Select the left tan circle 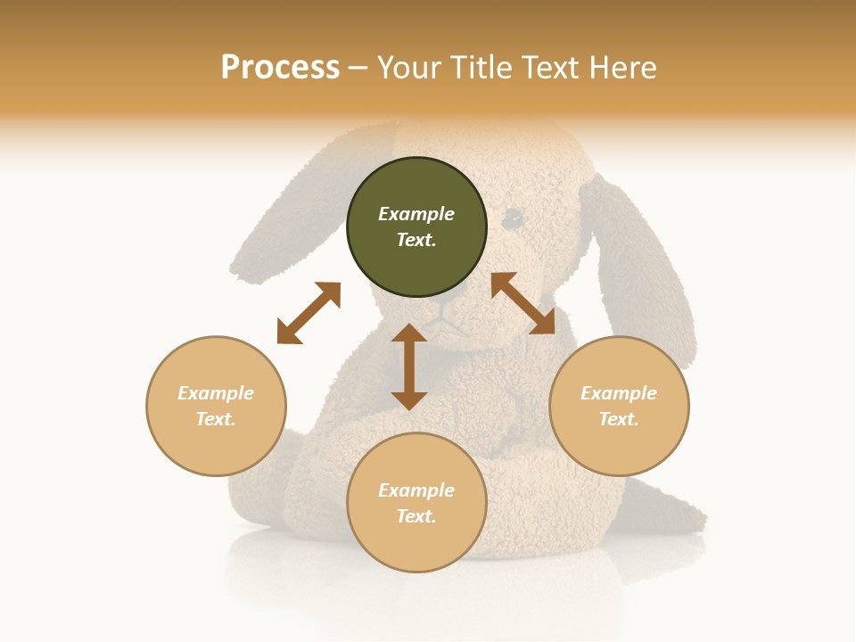[x=216, y=406]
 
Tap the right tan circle [x=619, y=406]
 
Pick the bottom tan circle [x=416, y=503]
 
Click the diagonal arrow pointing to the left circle [x=309, y=313]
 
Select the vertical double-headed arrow [x=409, y=366]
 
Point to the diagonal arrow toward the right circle [x=523, y=303]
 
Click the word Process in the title [x=280, y=68]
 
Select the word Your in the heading [x=408, y=68]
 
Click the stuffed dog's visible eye [x=514, y=217]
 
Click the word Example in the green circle [x=416, y=214]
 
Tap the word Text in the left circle [x=215, y=419]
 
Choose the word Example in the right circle [x=619, y=393]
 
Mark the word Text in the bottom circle [x=416, y=516]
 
